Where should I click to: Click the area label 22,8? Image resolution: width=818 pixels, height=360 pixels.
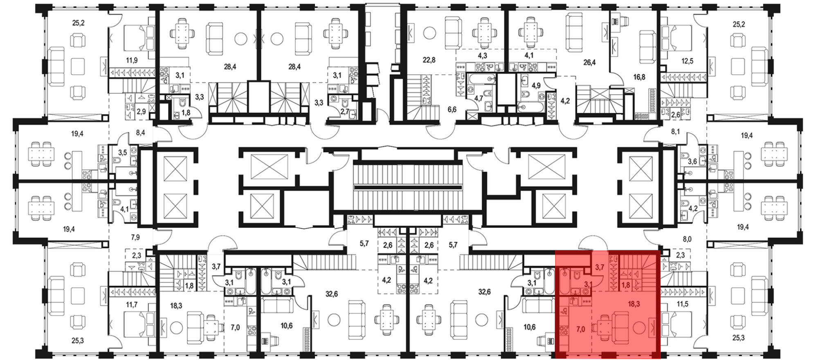(x=429, y=60)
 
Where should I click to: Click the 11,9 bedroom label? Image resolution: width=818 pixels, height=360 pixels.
(x=132, y=61)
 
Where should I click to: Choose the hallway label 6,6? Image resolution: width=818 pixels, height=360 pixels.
(x=452, y=110)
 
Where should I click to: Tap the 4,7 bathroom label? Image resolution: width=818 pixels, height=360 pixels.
(x=479, y=98)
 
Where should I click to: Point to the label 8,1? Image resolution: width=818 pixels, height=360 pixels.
(x=676, y=132)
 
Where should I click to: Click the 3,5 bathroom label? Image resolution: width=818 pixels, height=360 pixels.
(x=122, y=152)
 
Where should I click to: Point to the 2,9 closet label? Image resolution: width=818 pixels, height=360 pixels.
(x=141, y=111)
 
